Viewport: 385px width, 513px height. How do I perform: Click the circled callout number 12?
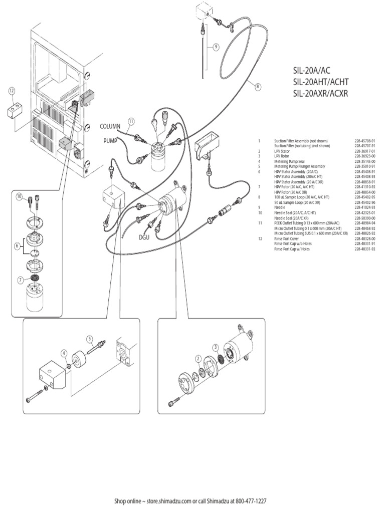pyautogui.click(x=12, y=91)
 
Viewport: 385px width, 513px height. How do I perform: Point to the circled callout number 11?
pyautogui.click(x=131, y=121)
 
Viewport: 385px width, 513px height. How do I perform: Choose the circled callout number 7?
pyautogui.click(x=21, y=280)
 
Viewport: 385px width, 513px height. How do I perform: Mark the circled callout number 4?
pyautogui.click(x=65, y=353)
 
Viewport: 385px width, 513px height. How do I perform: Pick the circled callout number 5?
pyautogui.click(x=90, y=339)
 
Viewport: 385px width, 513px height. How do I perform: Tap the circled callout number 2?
pyautogui.click(x=198, y=359)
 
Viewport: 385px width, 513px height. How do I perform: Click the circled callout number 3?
pyautogui.click(x=215, y=347)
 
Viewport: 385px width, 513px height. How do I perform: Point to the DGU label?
pyautogui.click(x=145, y=238)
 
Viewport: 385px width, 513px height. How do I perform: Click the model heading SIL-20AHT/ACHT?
pyautogui.click(x=321, y=82)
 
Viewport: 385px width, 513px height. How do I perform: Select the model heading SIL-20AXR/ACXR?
pyautogui.click(x=320, y=93)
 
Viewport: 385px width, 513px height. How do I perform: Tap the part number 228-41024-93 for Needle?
pyautogui.click(x=364, y=207)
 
